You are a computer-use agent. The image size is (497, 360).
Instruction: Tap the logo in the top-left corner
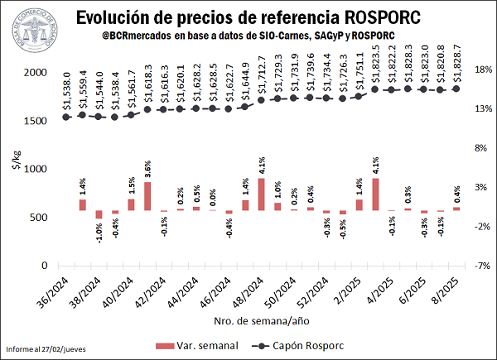[30, 26]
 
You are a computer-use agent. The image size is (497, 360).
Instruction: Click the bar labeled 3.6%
[147, 195]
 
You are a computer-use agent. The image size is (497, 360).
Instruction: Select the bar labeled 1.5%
[131, 204]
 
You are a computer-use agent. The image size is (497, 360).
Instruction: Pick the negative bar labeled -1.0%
[99, 214]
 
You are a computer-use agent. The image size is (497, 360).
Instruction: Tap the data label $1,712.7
[261, 74]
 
